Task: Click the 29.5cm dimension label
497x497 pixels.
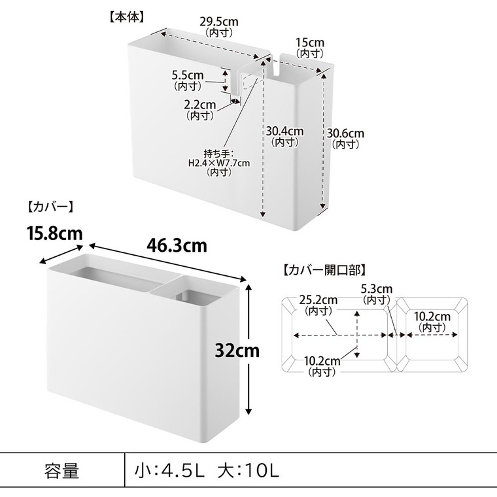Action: coord(218,22)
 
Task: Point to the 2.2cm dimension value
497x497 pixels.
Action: coord(199,105)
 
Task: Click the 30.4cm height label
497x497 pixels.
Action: coord(284,131)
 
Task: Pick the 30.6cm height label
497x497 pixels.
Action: coord(345,133)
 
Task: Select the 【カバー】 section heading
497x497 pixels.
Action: coord(50,207)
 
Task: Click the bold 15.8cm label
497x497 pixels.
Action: coord(55,233)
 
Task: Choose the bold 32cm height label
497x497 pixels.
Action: coord(237,351)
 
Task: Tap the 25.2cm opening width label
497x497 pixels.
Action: coord(318,300)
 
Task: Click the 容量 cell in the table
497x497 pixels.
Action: coord(62,470)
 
